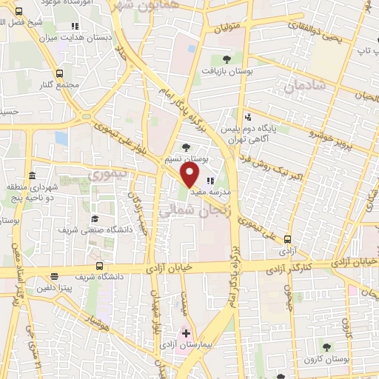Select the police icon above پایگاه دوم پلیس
249,115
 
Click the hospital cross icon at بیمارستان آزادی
186,334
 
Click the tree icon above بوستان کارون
326,346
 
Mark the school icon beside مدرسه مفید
211,180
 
